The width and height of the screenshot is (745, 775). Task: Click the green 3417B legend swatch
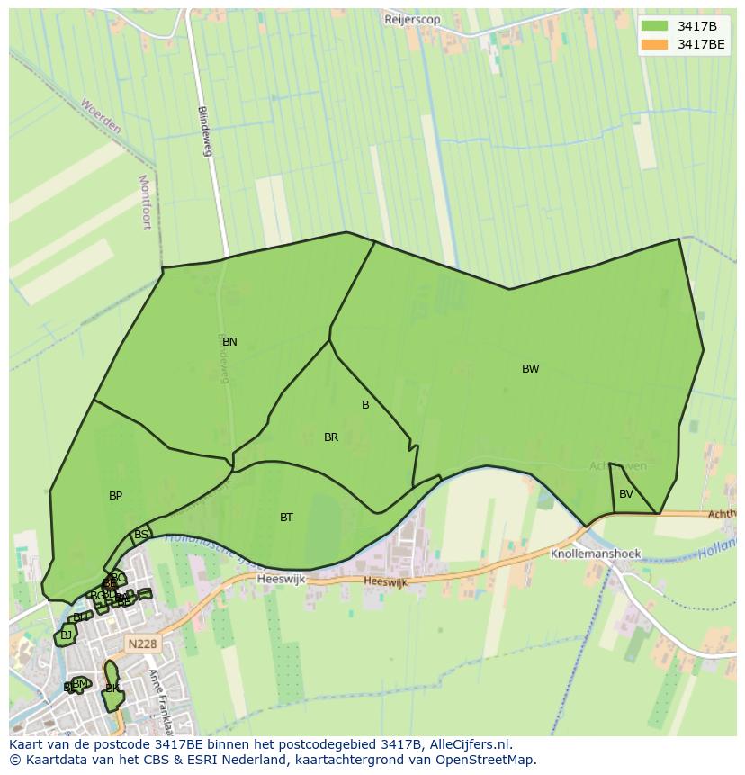coord(654,26)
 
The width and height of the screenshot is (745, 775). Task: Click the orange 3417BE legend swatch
coord(654,44)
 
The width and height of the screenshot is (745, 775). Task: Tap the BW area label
coord(531,369)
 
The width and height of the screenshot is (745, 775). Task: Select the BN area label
coord(229,342)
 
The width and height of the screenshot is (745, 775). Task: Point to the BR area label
coord(331,437)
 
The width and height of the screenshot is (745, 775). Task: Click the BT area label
coord(286,518)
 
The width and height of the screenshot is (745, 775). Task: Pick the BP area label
coord(115,496)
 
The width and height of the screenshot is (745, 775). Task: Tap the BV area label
coord(626,494)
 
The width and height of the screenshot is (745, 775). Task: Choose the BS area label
coord(140,535)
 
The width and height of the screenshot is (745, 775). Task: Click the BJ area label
coord(66,635)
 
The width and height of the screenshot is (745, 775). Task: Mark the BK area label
coord(112,689)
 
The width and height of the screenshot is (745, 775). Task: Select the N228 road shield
coord(141,644)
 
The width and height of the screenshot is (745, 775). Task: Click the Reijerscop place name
coord(412,19)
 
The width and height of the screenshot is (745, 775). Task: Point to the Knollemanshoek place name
coord(595,554)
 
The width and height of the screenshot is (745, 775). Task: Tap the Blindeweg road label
coord(205,131)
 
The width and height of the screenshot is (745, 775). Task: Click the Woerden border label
coord(100,116)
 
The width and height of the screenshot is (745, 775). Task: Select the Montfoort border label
coord(145,203)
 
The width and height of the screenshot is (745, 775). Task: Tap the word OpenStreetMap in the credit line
coord(490,760)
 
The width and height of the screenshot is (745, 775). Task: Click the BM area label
coord(80,684)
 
